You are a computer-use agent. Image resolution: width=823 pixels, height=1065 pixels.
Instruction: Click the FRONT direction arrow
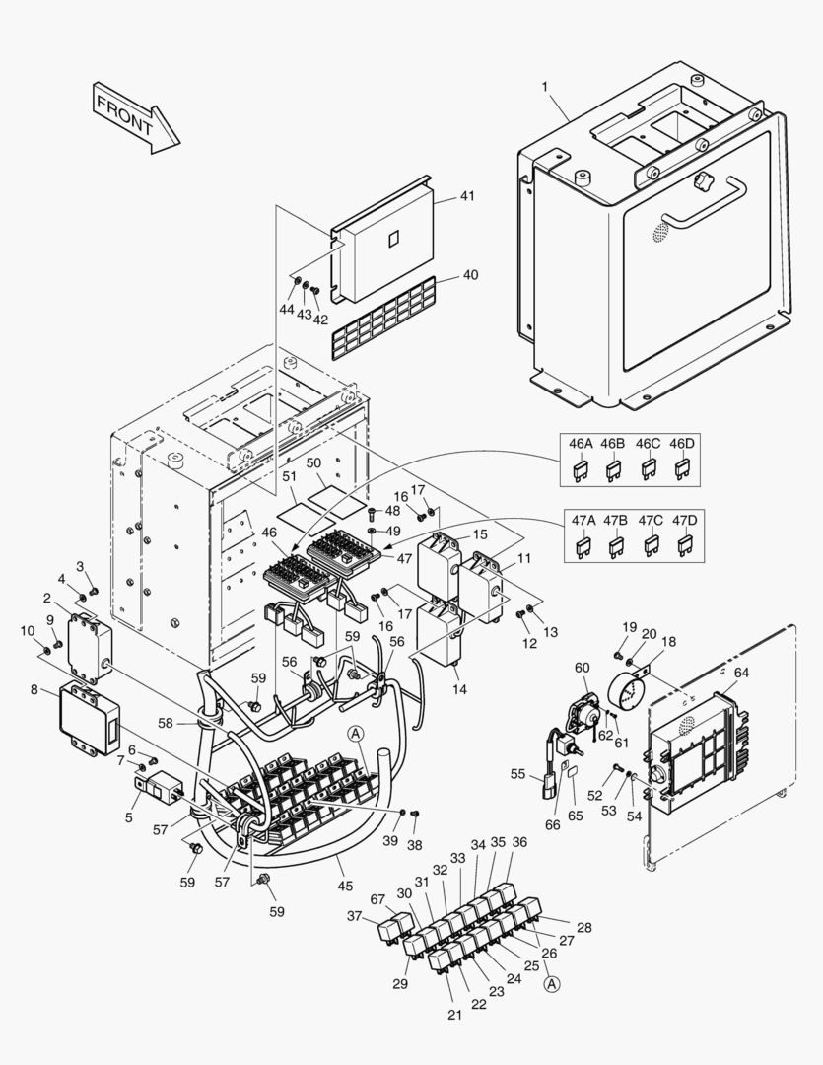click(x=135, y=116)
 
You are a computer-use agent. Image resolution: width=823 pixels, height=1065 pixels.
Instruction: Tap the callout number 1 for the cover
click(x=544, y=87)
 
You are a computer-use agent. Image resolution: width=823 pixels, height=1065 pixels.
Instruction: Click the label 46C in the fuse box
click(x=648, y=445)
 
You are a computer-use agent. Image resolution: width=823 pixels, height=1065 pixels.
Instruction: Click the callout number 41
click(x=466, y=196)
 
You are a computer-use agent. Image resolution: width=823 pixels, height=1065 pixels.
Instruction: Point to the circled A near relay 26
click(x=552, y=983)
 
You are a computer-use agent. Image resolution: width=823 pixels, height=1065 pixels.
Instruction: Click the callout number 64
click(x=741, y=674)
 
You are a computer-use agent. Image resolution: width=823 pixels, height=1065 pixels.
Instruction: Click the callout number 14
click(x=459, y=690)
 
